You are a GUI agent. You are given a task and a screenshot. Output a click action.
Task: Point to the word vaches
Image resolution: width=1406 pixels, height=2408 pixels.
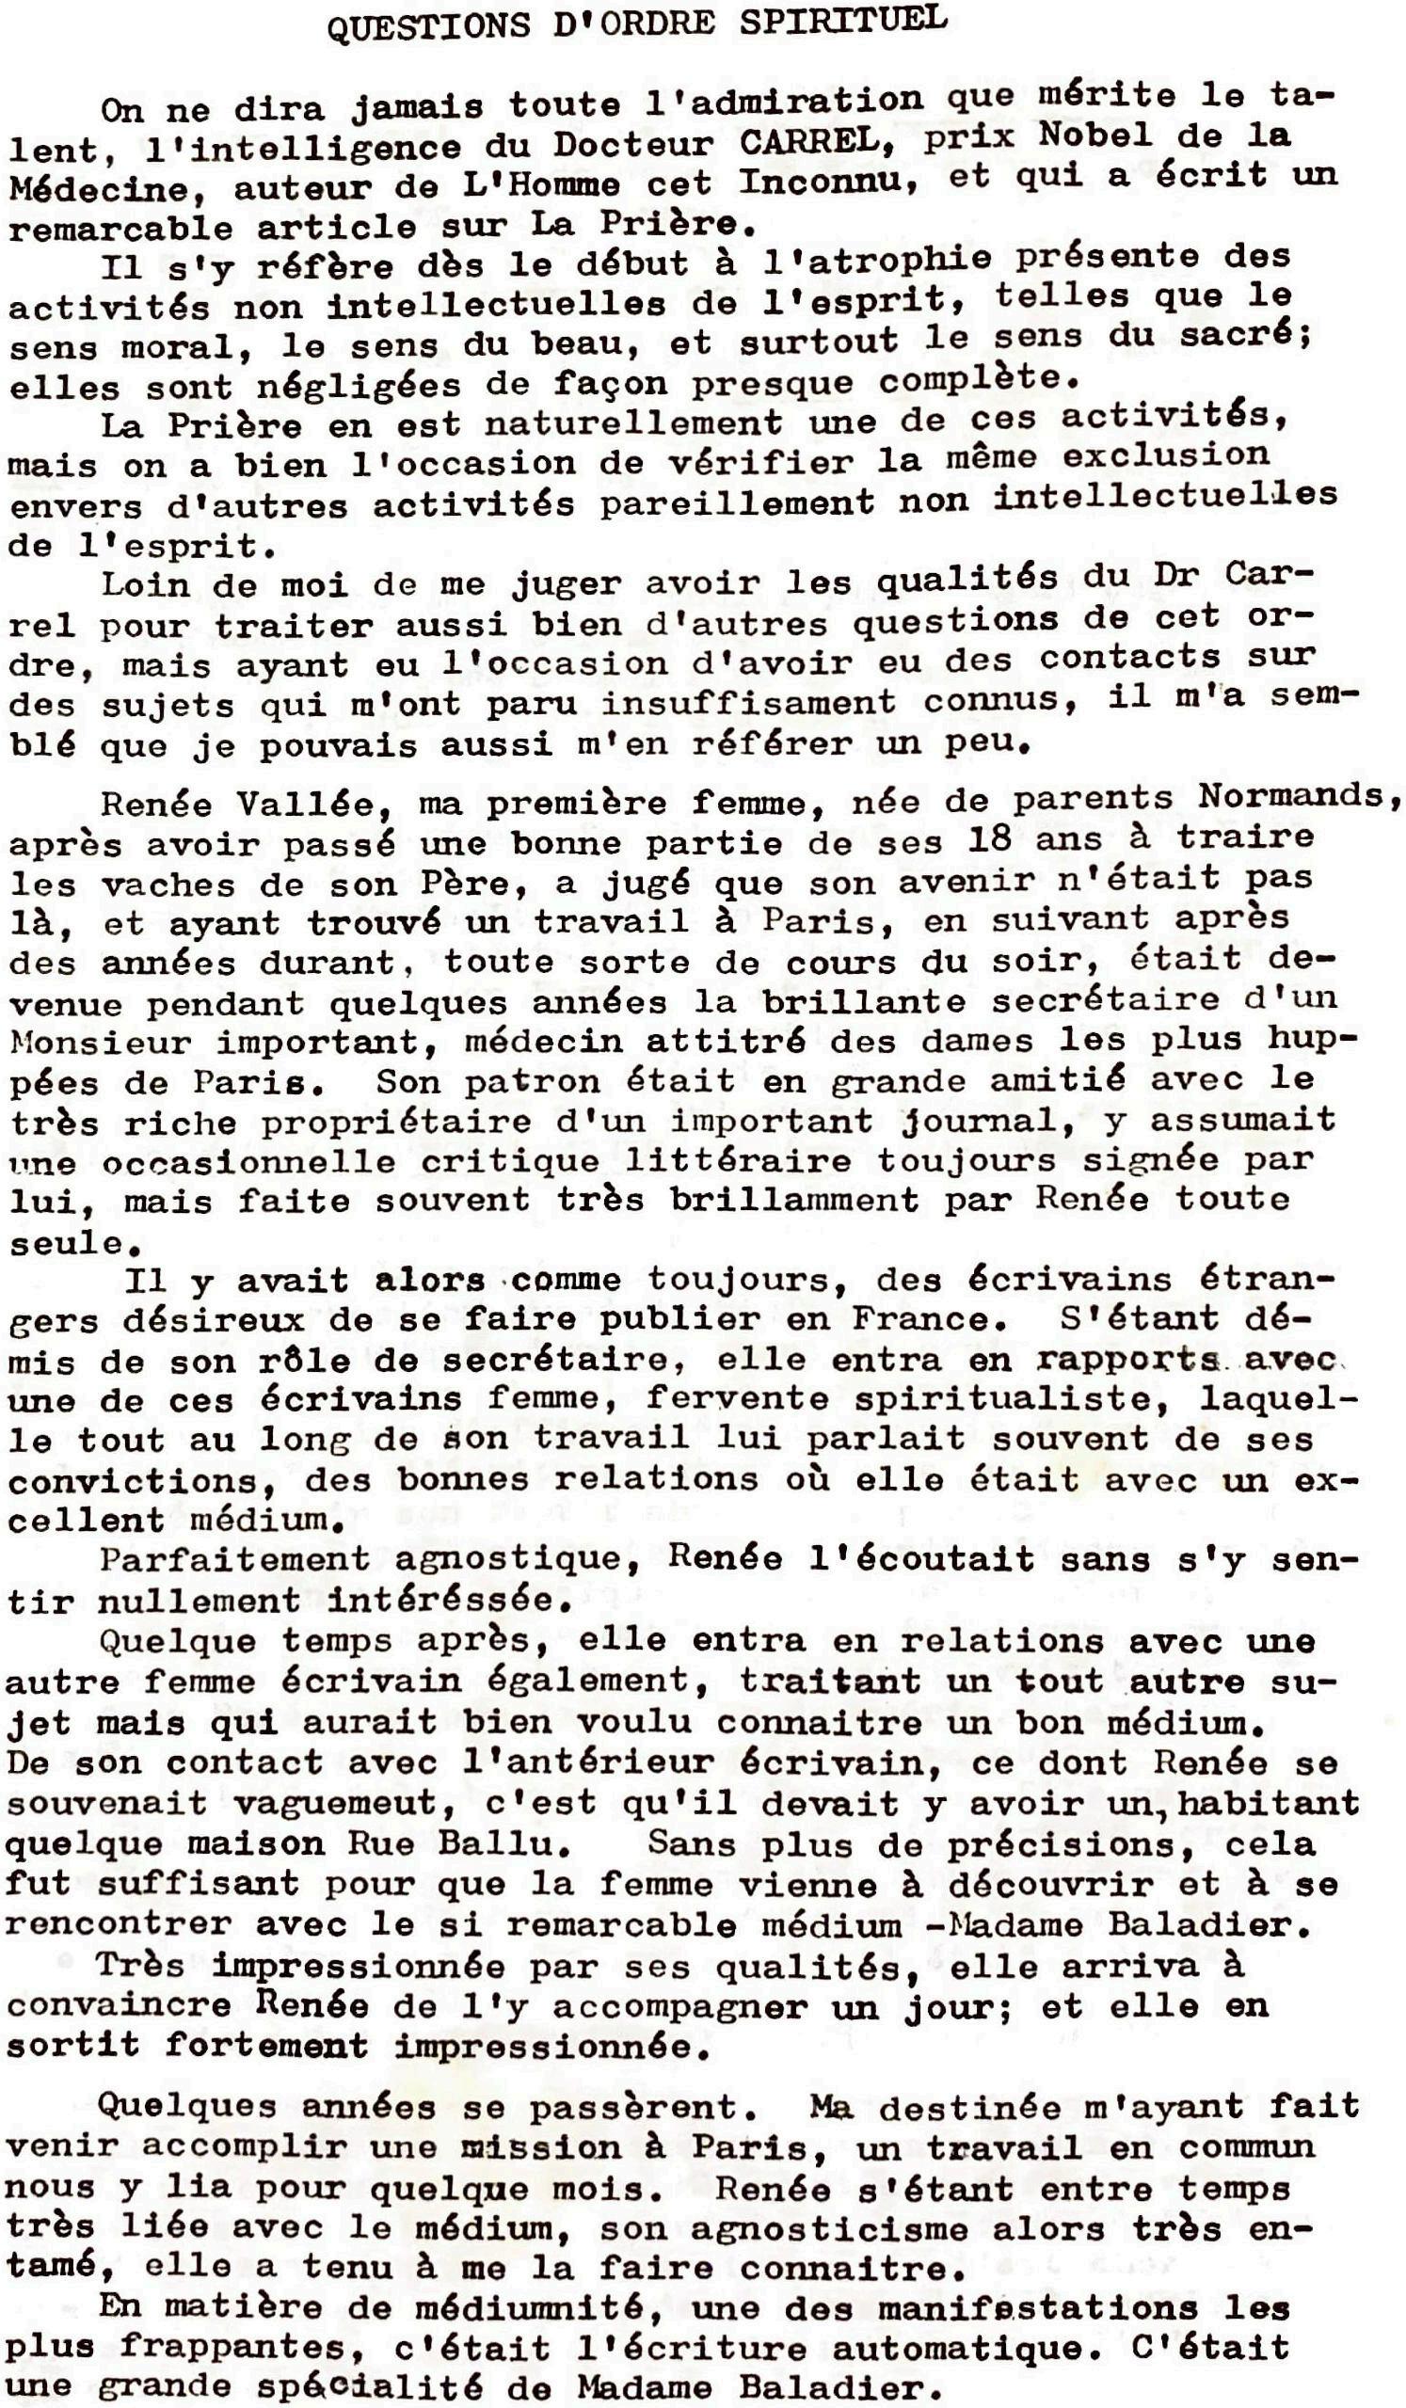coord(157,885)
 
